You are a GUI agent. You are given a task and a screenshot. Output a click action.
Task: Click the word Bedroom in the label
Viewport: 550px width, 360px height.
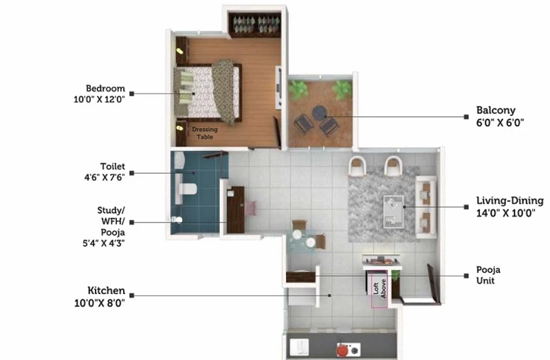pos(105,89)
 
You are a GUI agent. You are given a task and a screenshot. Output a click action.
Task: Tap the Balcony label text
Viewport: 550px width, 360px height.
pos(496,111)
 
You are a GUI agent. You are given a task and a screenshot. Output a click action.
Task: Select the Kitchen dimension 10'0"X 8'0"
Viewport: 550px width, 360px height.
pos(99,303)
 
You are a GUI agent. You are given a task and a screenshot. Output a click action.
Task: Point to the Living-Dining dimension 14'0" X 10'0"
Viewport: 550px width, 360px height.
pos(505,213)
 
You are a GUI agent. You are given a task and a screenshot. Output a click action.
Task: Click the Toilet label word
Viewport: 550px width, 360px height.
pos(112,166)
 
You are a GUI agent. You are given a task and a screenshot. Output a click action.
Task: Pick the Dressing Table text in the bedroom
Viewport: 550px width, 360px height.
pos(205,133)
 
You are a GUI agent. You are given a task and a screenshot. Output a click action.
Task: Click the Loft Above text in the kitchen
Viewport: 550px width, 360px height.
pos(379,289)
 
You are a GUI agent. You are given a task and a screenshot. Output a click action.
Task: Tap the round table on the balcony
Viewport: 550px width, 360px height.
pos(320,113)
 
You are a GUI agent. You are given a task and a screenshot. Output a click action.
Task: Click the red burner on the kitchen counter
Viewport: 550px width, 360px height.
pos(343,350)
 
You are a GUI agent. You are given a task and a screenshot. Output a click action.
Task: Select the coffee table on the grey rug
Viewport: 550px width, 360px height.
pos(393,212)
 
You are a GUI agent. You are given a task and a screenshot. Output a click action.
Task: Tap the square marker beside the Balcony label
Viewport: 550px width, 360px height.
pos(466,117)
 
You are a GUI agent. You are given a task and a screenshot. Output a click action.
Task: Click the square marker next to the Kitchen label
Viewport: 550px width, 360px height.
pos(132,295)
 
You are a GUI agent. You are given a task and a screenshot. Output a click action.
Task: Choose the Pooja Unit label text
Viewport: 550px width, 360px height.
pos(488,275)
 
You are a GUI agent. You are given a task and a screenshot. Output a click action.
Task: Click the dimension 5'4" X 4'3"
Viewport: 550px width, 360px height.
pos(104,243)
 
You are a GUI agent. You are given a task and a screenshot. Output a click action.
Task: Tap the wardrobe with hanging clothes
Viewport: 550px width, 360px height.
pos(254,25)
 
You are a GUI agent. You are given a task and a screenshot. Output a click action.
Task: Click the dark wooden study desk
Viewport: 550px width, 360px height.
pos(235,210)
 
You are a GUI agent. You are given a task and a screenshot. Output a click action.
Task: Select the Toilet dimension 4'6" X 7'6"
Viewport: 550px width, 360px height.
pos(104,177)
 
